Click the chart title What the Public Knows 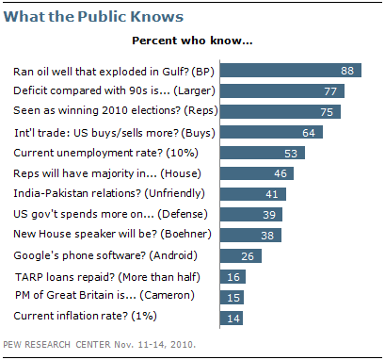[x=84, y=17]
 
